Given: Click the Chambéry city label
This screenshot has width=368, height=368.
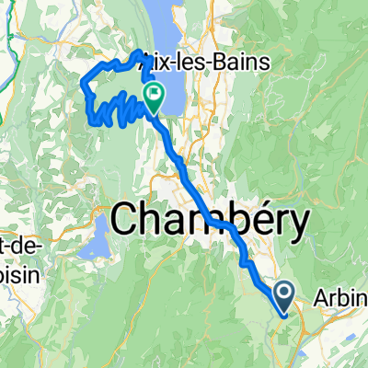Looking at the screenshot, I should point(210,220).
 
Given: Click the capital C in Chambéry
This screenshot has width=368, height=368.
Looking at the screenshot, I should point(126,220).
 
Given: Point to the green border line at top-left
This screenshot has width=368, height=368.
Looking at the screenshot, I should point(6,28).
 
